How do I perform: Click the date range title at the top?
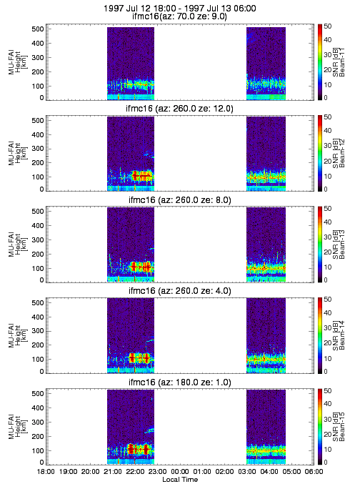180,8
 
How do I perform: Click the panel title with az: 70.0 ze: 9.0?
179,16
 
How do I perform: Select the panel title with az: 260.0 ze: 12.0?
179,108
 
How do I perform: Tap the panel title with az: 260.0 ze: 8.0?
180,199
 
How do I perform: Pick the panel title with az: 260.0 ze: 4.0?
180,291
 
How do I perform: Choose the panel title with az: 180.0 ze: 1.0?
180,382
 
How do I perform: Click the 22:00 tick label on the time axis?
135,471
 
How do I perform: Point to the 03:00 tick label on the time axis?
247,471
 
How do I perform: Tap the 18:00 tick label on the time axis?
46,471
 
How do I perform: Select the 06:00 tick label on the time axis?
314,471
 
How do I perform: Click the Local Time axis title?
180,479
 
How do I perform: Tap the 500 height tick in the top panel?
37,29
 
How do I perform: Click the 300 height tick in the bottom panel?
37,422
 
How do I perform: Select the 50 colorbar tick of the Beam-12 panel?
327,117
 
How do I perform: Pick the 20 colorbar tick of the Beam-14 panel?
327,343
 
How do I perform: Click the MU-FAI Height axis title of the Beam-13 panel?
17,244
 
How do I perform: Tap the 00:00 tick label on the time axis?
180,471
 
